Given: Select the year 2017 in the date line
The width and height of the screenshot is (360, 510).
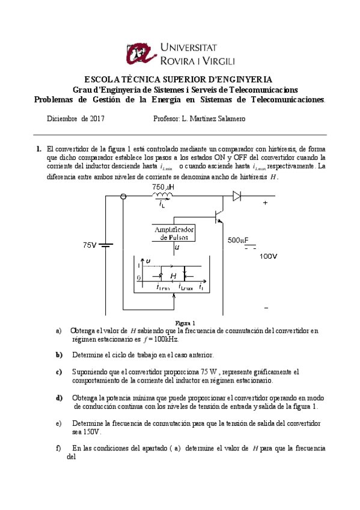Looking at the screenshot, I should (x=97, y=119).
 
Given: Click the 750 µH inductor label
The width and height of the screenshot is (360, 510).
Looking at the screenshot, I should (x=162, y=188).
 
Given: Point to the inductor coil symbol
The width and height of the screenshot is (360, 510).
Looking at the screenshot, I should (x=162, y=195).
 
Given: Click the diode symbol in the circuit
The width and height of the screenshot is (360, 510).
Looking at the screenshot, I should (x=237, y=195).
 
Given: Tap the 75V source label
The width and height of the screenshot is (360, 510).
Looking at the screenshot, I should (x=90, y=245).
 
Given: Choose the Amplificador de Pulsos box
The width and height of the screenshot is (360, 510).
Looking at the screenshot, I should (x=174, y=233).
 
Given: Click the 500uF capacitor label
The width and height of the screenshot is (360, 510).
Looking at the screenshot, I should (x=237, y=241).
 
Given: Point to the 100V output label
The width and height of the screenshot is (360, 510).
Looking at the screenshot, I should (x=269, y=256).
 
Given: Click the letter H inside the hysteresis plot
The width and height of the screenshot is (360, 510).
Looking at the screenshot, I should (x=173, y=276).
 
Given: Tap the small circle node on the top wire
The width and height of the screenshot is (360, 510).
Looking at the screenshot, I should (x=123, y=196).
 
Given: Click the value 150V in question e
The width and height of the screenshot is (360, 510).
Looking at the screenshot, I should (x=93, y=432).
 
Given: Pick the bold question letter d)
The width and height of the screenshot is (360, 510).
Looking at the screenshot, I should (x=59, y=398).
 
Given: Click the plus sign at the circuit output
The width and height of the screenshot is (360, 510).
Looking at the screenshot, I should (x=265, y=203).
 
